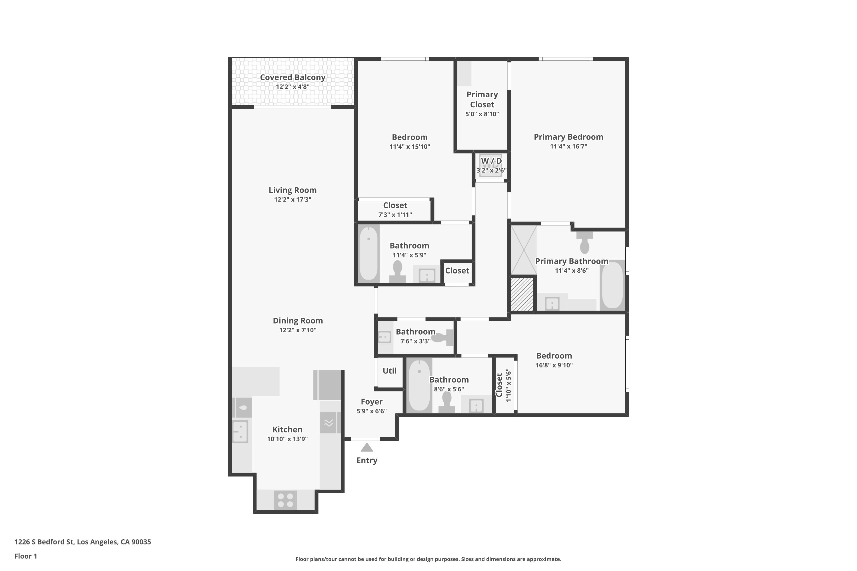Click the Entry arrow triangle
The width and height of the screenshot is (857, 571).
367,447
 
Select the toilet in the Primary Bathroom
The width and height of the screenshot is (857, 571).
584,243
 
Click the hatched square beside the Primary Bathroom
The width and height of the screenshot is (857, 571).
522,295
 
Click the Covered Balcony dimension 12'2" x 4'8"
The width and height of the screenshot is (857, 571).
293,87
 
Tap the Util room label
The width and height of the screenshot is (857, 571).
390,371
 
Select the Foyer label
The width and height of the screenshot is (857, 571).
371,402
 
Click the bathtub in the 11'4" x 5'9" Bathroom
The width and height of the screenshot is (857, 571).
369,254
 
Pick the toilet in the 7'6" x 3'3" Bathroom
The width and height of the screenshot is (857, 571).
444,337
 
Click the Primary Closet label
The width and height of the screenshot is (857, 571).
482,99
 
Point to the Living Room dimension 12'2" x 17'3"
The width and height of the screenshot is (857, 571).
293,200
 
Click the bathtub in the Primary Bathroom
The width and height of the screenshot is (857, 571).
612,285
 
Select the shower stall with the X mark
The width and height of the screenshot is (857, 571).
524,250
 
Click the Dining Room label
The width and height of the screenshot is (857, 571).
298,320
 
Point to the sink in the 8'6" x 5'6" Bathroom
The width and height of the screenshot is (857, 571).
476,405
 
